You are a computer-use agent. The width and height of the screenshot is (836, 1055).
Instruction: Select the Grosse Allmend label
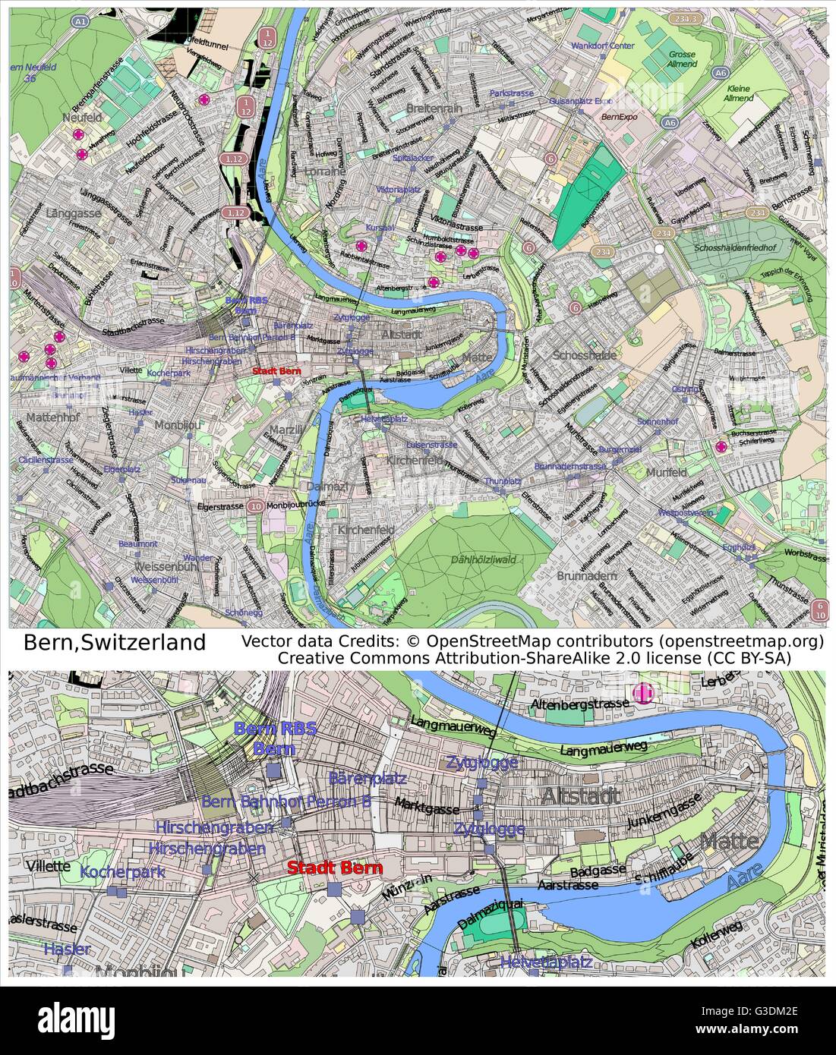click(x=682, y=59)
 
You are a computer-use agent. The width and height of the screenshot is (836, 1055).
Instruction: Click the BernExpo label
click(x=618, y=118)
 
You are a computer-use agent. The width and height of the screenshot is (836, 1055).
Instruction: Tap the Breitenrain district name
click(x=434, y=109)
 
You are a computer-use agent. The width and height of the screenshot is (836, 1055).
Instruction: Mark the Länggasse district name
click(x=73, y=213)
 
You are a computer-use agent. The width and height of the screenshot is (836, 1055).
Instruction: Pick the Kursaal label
click(x=380, y=227)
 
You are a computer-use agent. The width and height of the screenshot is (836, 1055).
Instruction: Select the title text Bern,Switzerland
click(x=115, y=642)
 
